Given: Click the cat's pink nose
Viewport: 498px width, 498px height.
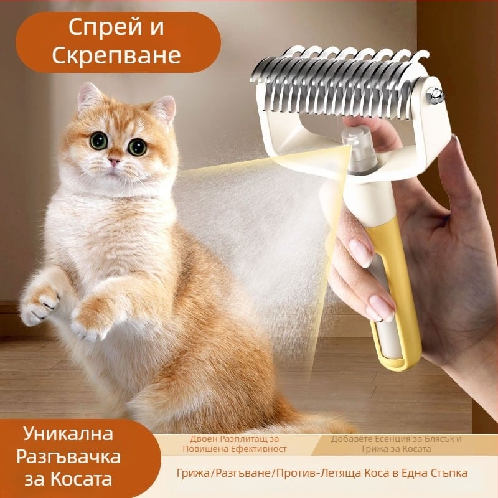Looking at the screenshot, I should pyautogui.click(x=114, y=161).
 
